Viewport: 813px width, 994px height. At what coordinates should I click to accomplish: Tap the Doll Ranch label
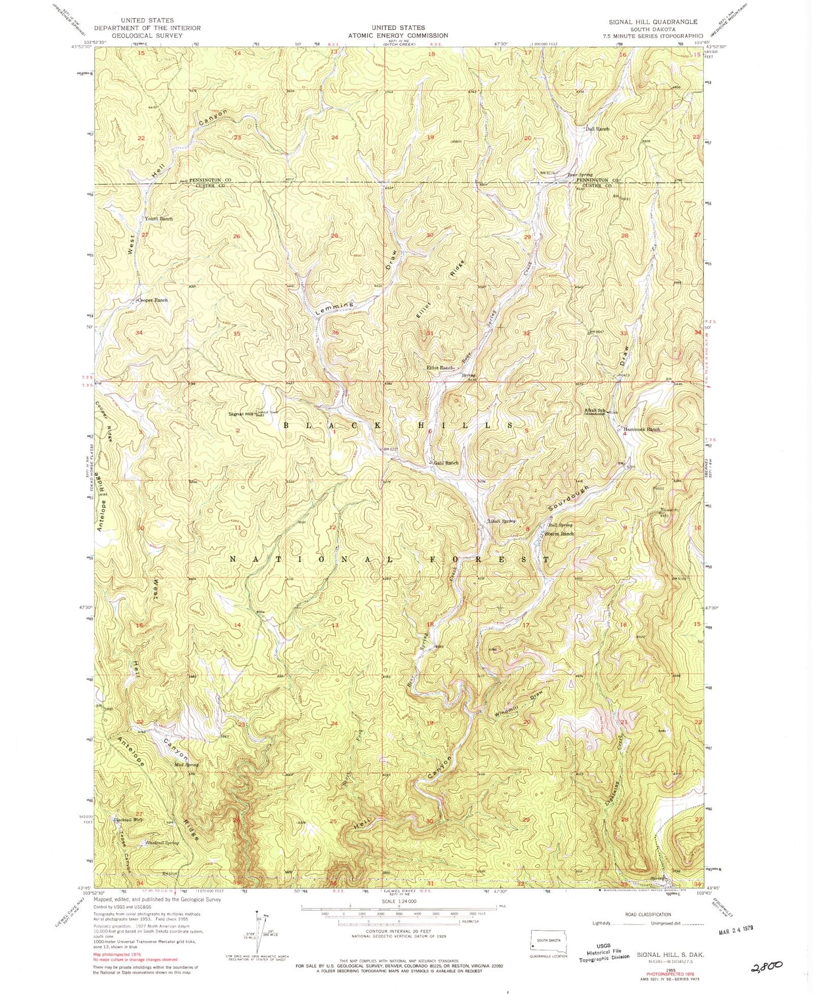click(x=597, y=129)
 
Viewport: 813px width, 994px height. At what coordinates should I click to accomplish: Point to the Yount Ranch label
click(x=159, y=218)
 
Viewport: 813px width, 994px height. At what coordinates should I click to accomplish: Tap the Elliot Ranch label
click(x=440, y=367)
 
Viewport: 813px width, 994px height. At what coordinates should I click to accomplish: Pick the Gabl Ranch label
click(x=446, y=463)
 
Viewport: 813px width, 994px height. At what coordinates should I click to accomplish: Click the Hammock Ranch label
click(x=641, y=429)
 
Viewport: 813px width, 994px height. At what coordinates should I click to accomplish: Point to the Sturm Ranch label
click(x=559, y=533)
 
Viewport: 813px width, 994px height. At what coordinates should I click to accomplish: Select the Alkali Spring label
click(x=501, y=521)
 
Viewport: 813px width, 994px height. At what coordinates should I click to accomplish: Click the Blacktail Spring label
click(x=162, y=843)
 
